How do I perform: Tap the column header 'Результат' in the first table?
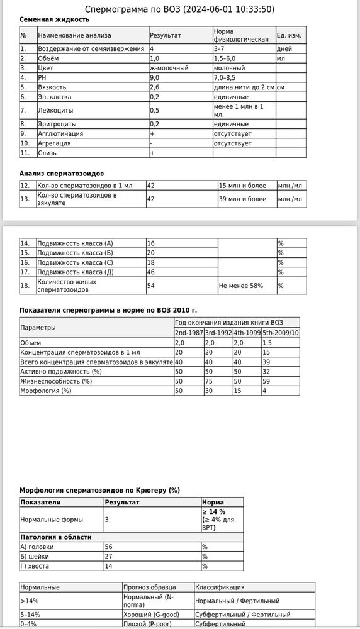point(166,35)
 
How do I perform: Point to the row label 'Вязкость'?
point(52,87)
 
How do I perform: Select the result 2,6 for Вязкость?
point(155,87)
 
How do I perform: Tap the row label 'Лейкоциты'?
point(54,111)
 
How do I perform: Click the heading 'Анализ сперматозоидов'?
point(62,173)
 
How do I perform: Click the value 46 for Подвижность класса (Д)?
point(151,272)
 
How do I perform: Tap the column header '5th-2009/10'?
point(281,332)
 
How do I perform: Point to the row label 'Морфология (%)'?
point(46,391)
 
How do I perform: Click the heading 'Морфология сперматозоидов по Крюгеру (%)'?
point(100,490)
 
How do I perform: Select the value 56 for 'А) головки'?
point(109,547)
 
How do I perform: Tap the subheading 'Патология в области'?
point(56,537)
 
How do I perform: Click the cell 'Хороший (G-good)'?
point(152,615)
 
